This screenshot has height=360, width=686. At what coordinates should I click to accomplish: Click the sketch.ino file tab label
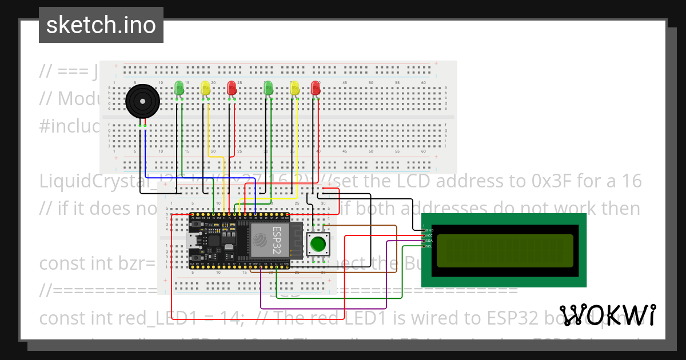coord(101,25)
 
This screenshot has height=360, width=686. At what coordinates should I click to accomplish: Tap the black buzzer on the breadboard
coord(142,102)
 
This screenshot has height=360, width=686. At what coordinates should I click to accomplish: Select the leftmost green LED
coord(179,88)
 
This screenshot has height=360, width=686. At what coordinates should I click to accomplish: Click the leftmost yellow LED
coord(205,88)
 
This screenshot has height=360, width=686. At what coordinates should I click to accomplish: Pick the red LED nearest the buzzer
coord(232,88)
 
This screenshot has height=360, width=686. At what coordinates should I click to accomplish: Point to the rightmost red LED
coord(315,88)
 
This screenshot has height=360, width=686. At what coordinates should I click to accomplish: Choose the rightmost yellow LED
coord(294,88)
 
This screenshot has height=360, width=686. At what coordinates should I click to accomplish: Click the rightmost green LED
coord(268,88)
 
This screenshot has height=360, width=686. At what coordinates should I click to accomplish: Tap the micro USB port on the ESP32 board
coord(193,251)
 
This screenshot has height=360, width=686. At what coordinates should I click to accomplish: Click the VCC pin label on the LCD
coord(429,235)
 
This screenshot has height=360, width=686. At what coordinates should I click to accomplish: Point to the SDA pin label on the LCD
coord(429,241)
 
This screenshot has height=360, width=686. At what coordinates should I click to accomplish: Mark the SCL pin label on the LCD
coord(429,247)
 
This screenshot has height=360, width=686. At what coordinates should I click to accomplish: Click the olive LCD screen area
coord(505,251)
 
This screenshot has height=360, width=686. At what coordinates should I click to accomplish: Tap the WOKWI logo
coord(607,315)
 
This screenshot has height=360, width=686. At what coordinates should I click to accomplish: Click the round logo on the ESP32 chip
coord(260,240)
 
